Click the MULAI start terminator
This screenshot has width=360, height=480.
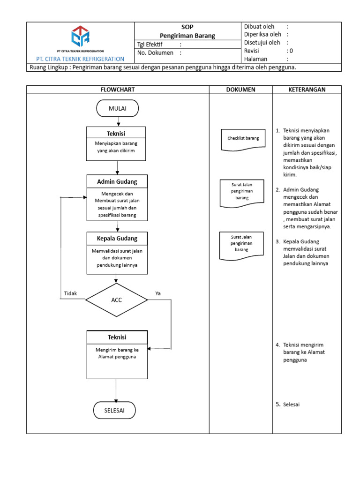(117, 109)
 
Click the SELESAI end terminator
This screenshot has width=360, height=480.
(115, 410)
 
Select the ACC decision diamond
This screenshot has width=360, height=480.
(116, 300)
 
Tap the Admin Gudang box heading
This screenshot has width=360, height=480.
(117, 181)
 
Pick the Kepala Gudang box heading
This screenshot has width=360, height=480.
(117, 239)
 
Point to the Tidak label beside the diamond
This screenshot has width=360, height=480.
(71, 293)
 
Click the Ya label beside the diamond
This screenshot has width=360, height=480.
(158, 293)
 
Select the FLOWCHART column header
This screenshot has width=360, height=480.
(117, 90)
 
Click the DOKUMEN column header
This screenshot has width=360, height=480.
(240, 90)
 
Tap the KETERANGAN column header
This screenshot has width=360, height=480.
(307, 90)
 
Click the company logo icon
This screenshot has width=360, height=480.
(80, 37)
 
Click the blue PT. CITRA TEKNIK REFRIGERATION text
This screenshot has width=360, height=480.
(80, 59)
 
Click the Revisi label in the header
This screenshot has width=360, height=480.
(252, 51)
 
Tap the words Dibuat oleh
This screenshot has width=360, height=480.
(259, 27)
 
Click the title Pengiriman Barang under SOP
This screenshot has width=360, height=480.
(187, 36)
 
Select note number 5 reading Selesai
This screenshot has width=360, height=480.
(287, 404)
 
